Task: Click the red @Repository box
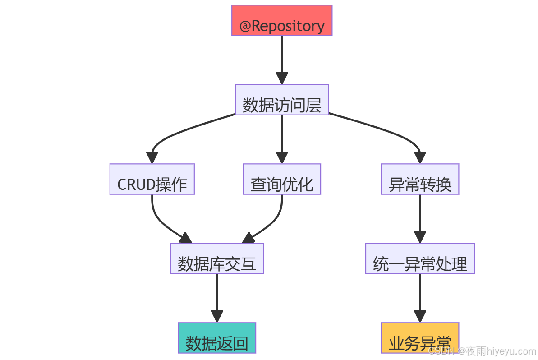(282, 20)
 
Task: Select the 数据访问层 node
(282, 100)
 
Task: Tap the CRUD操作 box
(152, 179)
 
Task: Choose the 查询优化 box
(282, 179)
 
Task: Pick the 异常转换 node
(420, 179)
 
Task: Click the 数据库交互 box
(217, 258)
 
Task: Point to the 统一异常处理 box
(420, 258)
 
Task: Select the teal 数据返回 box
(217, 338)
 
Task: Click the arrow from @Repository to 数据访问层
(282, 59)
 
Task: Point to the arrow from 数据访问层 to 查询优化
(282, 138)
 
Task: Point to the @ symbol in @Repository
(245, 26)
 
